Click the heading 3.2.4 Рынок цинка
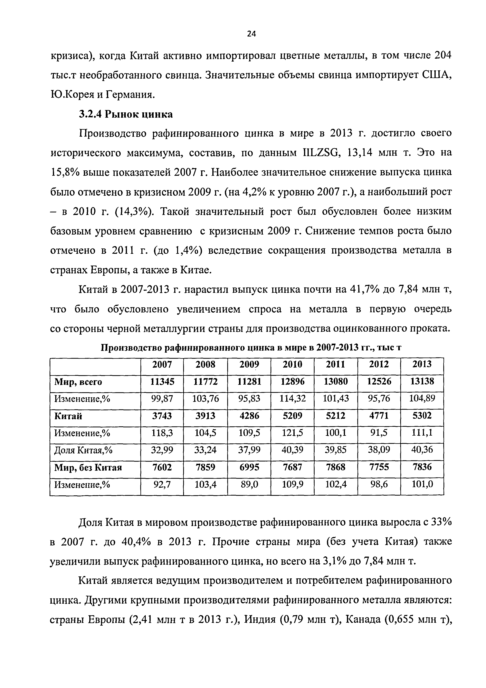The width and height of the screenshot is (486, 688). click(x=126, y=114)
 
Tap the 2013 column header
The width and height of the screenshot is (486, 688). click(x=422, y=364)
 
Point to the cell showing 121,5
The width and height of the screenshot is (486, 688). click(x=292, y=433)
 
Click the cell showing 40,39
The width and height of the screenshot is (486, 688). click(x=292, y=450)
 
